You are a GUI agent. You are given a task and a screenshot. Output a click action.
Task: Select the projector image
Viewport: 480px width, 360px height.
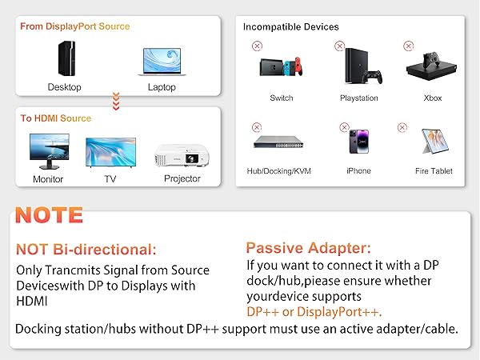pos(182,154)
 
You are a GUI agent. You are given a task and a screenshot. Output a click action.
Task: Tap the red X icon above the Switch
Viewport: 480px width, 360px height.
pos(257,46)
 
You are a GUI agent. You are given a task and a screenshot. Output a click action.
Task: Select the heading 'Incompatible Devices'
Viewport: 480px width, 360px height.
pos(291,27)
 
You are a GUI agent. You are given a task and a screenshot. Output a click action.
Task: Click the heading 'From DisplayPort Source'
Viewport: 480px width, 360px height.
pos(75,26)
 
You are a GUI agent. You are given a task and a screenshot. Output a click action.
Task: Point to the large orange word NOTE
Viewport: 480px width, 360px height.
pos(50,214)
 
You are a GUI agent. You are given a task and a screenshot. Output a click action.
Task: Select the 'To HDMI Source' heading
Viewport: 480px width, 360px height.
pos(56,118)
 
